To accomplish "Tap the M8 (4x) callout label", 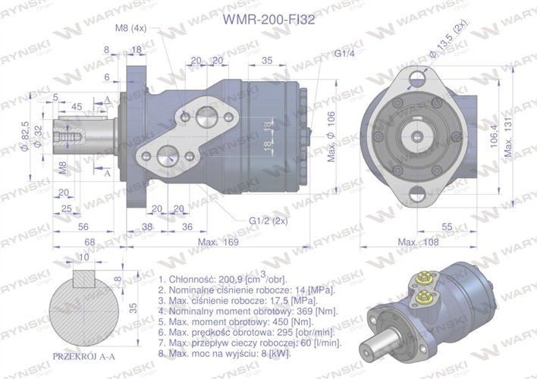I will [x=130, y=28].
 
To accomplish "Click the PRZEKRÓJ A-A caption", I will [x=83, y=356].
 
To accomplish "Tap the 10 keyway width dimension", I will [x=83, y=258].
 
